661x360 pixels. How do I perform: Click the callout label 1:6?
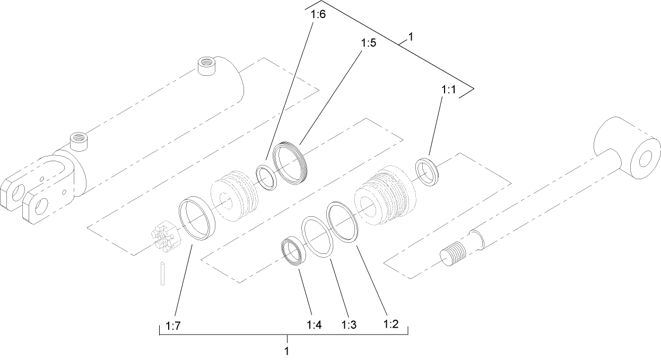pos(318,14)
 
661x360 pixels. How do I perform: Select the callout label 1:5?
pos(368,43)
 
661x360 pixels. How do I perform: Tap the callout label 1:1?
pos(448,91)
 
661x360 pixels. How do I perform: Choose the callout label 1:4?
pos(314,324)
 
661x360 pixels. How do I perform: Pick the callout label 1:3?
pos(348,324)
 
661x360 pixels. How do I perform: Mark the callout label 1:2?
pos(390,324)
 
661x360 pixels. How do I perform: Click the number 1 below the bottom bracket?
pos(286,351)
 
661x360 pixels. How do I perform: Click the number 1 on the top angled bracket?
pos(410,38)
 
